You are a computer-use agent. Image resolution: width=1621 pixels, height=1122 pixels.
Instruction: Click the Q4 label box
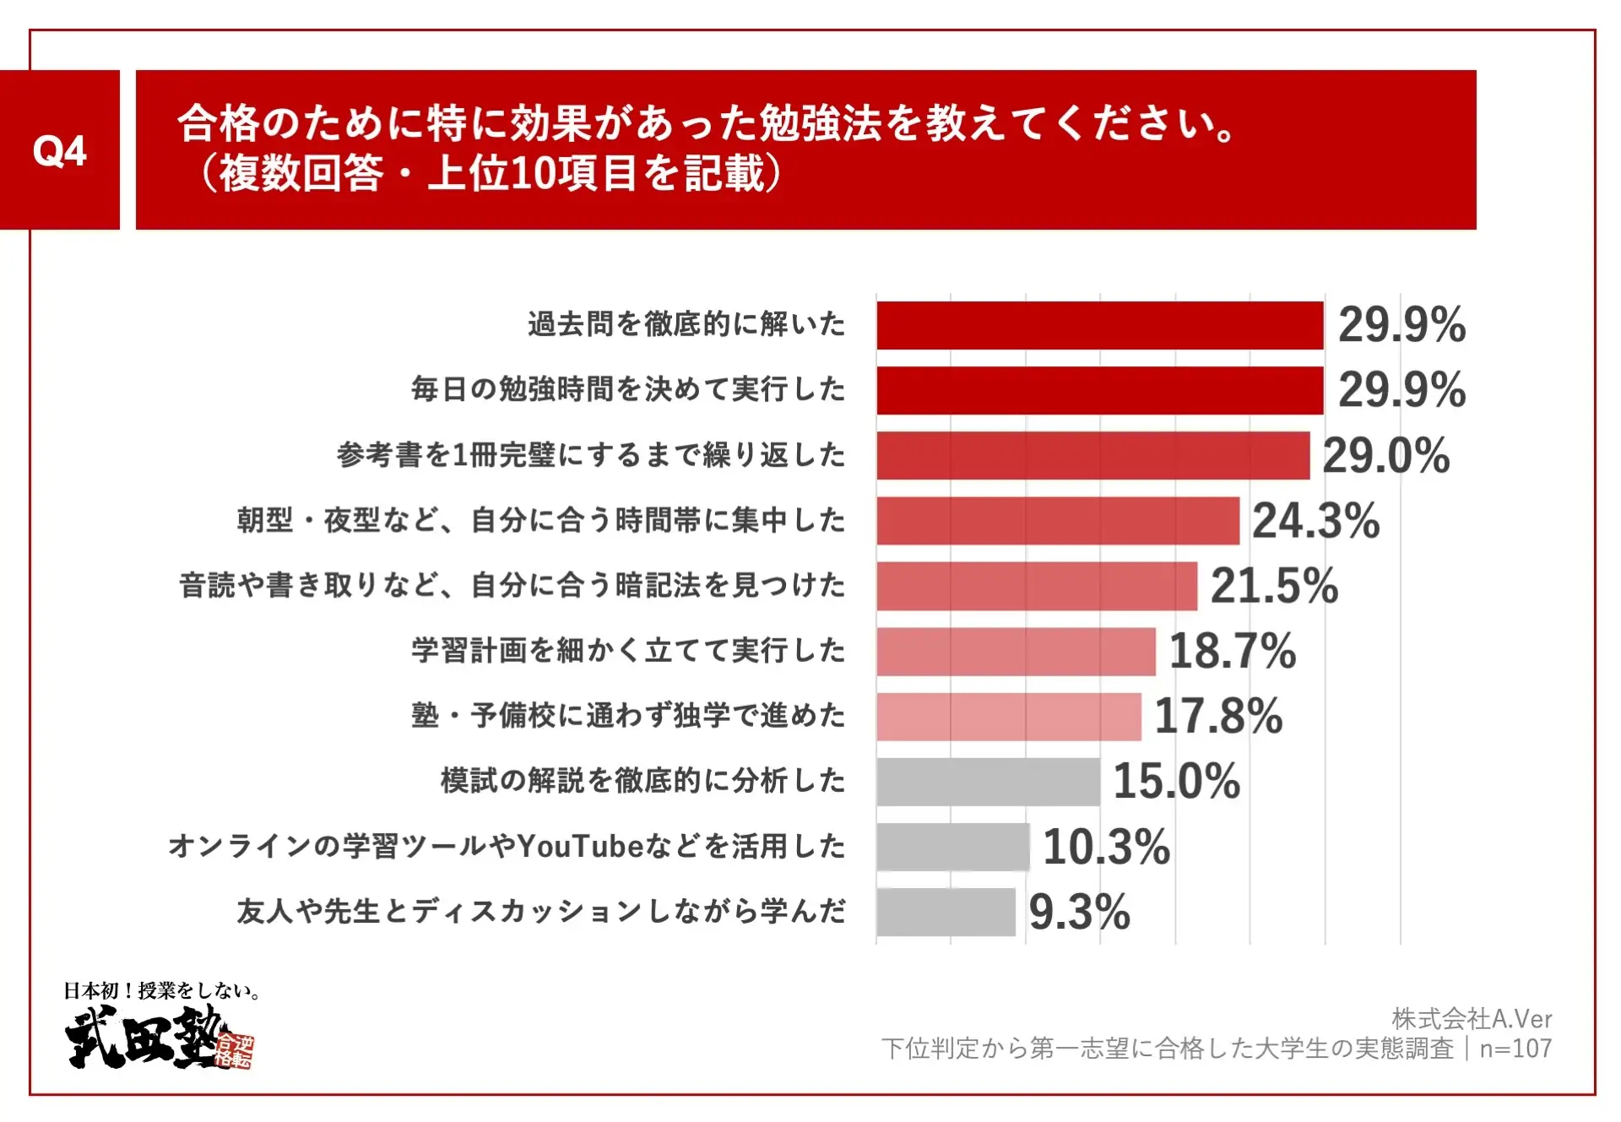point(59,150)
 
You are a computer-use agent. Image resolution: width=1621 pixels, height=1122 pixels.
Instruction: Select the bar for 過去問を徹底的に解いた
point(1099,325)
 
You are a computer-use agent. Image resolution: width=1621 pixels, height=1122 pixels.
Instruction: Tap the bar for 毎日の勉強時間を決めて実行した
point(1099,390)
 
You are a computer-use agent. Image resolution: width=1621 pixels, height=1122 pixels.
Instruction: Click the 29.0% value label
point(1385,456)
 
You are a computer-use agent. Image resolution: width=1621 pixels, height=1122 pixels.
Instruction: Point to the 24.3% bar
point(1057,521)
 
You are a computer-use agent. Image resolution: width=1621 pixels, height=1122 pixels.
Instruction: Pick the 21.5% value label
point(1274,586)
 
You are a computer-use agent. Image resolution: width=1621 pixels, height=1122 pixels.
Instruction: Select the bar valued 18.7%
point(1016,651)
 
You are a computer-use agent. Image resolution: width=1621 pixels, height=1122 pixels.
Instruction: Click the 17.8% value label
point(1217,716)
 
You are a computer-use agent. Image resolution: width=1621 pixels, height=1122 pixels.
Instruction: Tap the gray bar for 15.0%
point(988,781)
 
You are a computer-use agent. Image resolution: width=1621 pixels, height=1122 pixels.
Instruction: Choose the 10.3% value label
point(1106,846)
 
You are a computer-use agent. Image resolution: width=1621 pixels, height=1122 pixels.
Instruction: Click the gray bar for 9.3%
point(946,912)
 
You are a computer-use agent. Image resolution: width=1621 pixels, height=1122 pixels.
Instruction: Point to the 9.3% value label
point(1079,912)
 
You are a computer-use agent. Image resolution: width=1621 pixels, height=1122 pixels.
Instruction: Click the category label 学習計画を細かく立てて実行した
point(628,651)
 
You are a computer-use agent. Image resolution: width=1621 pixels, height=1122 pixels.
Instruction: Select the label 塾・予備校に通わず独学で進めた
point(628,716)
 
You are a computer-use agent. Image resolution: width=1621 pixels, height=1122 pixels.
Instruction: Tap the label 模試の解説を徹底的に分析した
point(642,781)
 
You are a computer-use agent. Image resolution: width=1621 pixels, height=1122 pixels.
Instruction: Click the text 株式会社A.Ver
point(1472,1019)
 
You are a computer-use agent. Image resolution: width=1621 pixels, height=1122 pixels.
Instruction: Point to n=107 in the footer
point(1515,1049)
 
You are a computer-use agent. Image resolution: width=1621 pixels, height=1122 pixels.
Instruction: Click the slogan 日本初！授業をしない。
point(161,990)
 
